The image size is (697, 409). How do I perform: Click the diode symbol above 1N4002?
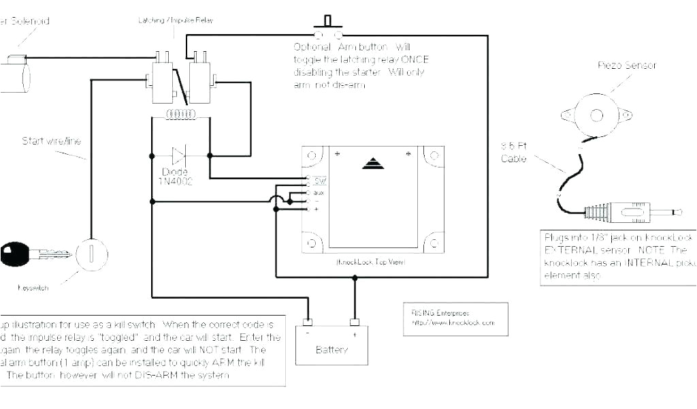pyautogui.click(x=180, y=155)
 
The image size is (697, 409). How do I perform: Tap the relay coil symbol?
pyautogui.click(x=181, y=115)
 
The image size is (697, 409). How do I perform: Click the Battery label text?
pyautogui.click(x=332, y=350)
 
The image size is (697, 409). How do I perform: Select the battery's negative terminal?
pyautogui.click(x=308, y=322)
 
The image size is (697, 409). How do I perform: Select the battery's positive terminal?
pyautogui.click(x=354, y=322)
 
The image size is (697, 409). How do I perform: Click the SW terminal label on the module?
pyautogui.click(x=319, y=181)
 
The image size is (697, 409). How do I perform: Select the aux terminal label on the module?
pyautogui.click(x=319, y=192)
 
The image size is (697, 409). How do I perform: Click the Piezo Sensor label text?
pyautogui.click(x=627, y=65)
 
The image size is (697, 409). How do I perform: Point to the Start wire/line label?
pyautogui.click(x=51, y=141)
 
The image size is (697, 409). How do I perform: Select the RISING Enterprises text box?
pyautogui.click(x=455, y=318)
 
